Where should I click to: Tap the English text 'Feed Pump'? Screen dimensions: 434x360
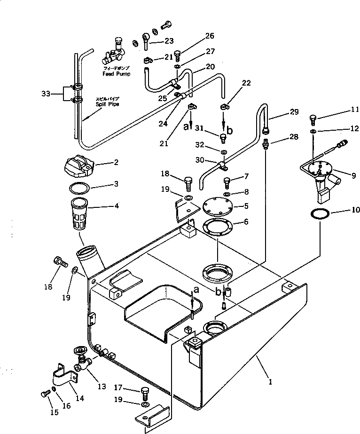click(117, 74)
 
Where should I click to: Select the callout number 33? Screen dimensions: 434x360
click(45, 94)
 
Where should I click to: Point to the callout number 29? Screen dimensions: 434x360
click(294, 112)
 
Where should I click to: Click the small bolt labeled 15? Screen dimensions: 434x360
click(45, 391)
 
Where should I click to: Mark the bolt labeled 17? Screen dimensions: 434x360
click(145, 390)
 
